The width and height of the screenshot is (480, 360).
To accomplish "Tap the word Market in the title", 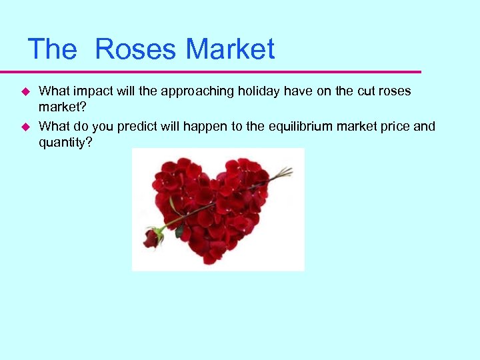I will (230, 49).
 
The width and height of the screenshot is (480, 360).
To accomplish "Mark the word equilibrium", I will (293, 126).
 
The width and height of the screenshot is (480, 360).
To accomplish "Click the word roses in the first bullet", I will (397, 91).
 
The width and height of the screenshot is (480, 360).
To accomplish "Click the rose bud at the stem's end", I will (151, 238).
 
